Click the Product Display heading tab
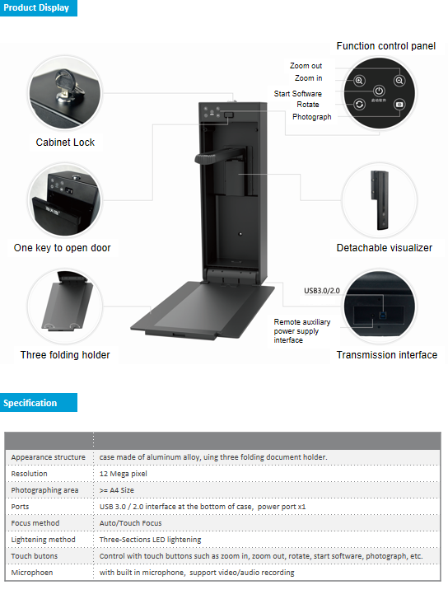tap(37, 8)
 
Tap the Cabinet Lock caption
tap(65, 143)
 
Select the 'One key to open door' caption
tap(62, 248)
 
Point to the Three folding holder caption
tap(65, 355)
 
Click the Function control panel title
tap(385, 46)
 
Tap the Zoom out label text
tap(306, 66)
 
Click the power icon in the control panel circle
tap(379, 91)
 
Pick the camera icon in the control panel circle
tap(399, 105)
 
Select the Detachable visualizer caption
tap(384, 248)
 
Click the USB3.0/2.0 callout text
tap(321, 290)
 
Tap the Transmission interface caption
tap(386, 355)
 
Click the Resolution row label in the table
tap(30, 474)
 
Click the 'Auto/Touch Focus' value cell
tap(131, 522)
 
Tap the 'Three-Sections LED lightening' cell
tap(150, 539)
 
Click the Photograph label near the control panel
tap(311, 117)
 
